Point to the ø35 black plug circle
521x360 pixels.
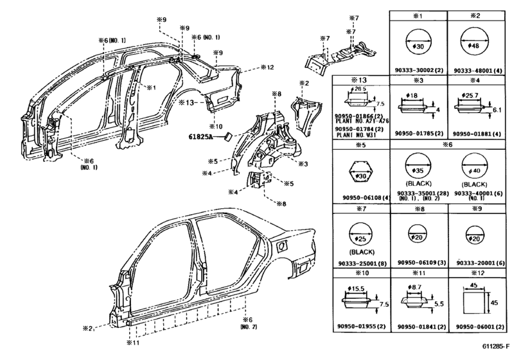coord(418,173)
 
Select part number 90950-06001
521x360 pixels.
coord(477,327)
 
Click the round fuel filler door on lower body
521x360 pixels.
coord(281,246)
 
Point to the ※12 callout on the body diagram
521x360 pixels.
coord(267,67)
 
